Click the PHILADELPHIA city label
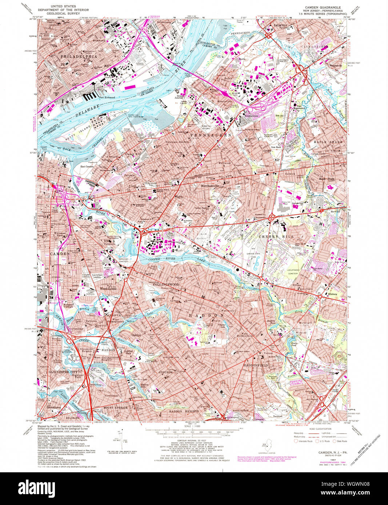[x=79, y=57]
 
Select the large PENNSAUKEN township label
[x=211, y=135]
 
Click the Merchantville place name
[x=212, y=185]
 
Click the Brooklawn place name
[x=53, y=408]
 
